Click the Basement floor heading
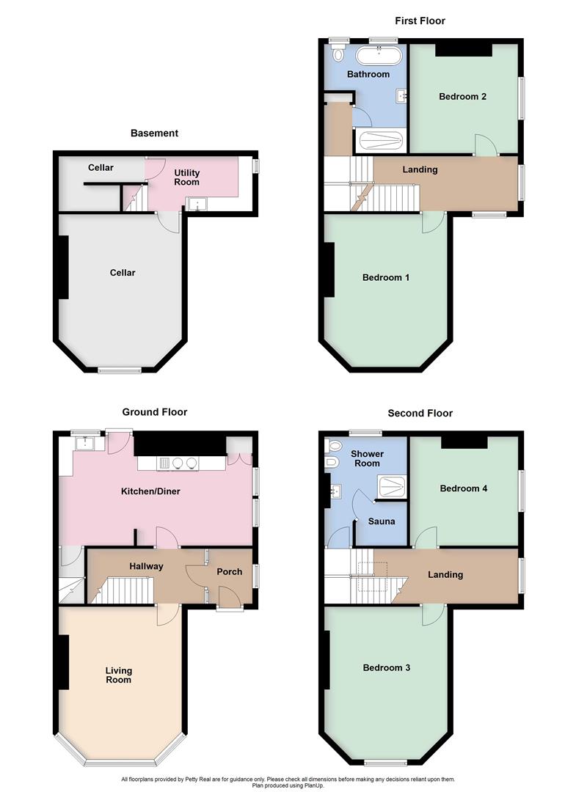tap(154, 133)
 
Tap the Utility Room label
tap(186, 178)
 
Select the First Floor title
tap(420, 21)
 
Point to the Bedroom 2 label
tap(462, 96)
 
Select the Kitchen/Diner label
tap(150, 491)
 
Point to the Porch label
tap(229, 572)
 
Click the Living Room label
tap(118, 675)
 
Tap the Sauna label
tap(382, 521)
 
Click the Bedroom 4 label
tap(463, 488)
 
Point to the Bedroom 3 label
tap(386, 668)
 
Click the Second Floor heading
tap(420, 414)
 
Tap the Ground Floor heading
tap(154, 413)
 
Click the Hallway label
tap(146, 566)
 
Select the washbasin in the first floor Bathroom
tap(401, 95)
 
